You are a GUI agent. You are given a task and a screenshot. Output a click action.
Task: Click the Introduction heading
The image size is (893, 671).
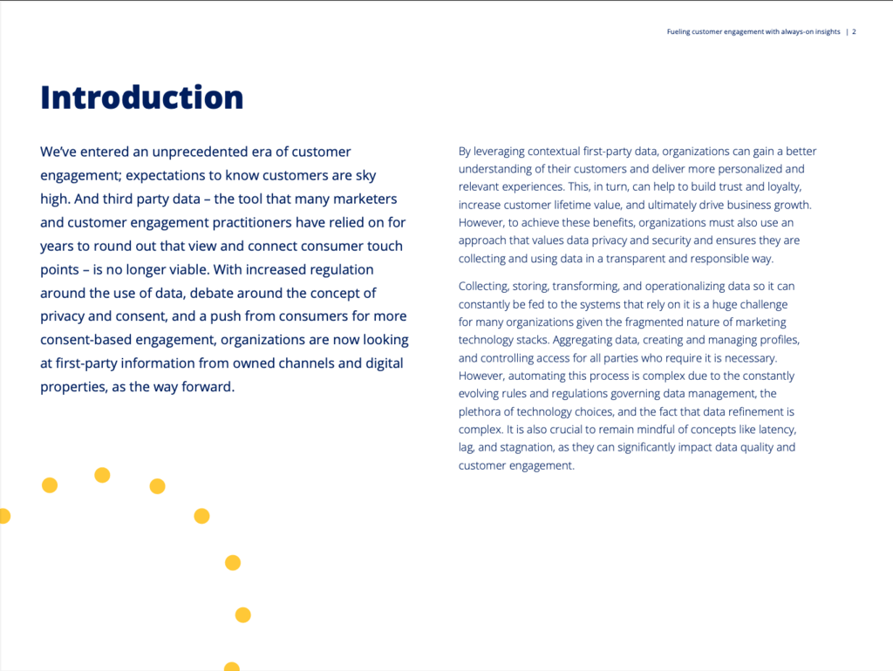point(142,97)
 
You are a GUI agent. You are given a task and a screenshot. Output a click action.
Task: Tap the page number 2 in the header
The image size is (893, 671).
point(855,32)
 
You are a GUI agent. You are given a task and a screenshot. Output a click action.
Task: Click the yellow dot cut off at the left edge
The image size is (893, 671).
point(3,516)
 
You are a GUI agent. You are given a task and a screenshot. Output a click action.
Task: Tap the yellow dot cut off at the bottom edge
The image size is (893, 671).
point(232,667)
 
